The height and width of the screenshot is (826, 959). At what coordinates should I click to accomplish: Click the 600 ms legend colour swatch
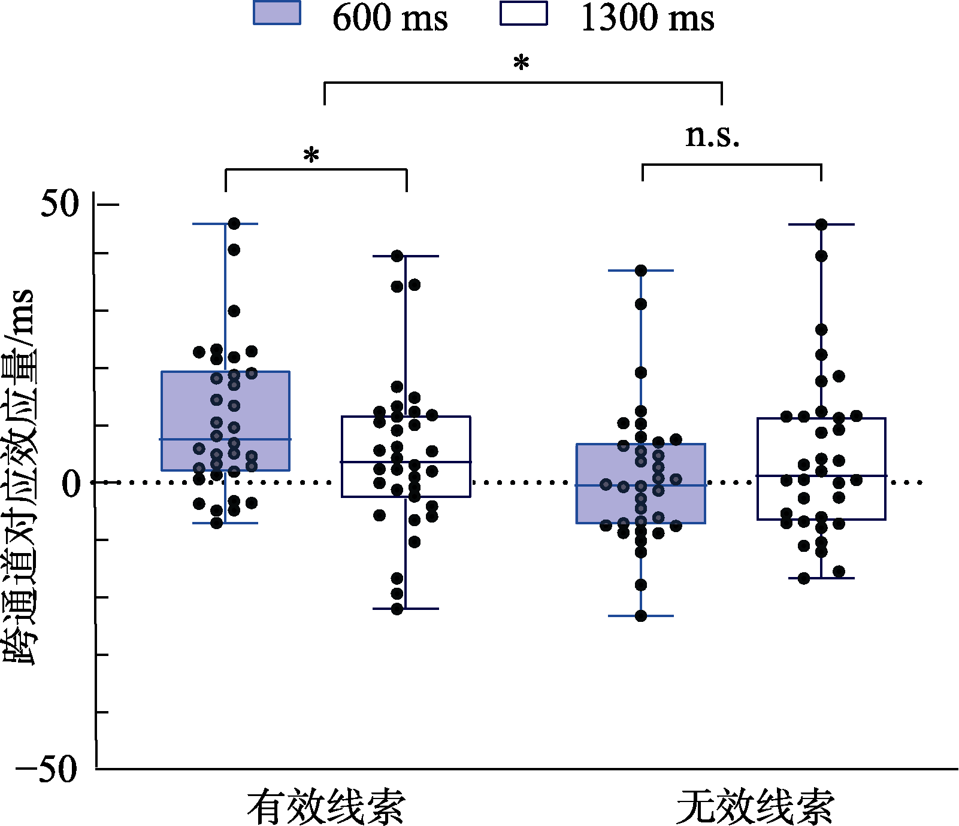pos(277,13)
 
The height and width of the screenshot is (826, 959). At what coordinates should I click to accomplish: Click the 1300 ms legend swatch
pos(524,13)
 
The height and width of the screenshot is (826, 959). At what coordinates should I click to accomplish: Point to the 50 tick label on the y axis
pos(60,204)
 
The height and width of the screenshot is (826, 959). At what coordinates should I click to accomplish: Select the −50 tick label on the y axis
pos(47,769)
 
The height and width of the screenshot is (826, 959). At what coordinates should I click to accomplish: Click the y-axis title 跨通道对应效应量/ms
pos(19,476)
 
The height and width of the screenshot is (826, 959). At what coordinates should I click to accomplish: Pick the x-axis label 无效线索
pos(755,806)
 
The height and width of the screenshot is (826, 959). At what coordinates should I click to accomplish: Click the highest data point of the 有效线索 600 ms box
pos(234,224)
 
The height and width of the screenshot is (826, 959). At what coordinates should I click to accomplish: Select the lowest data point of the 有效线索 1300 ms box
pos(397,609)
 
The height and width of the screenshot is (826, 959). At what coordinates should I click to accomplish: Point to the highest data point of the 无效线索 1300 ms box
pos(821,224)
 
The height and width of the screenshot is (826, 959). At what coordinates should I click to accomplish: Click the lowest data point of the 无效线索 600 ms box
pos(641,616)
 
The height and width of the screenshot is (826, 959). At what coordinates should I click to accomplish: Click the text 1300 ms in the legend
pos(648,18)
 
